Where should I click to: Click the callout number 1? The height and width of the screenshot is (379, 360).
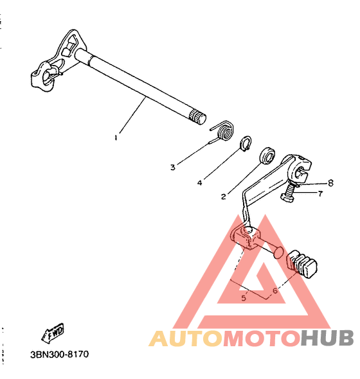116,137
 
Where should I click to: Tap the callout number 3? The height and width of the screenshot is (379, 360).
173,167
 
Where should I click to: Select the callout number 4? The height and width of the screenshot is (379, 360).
199,182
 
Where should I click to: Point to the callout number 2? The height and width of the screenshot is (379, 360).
223,197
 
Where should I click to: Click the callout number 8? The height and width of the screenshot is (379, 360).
330,183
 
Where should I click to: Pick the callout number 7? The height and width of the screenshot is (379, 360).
320,193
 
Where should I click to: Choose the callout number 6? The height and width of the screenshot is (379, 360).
275,291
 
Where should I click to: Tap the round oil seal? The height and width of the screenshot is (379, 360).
267,156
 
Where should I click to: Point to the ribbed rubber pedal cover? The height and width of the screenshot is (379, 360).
301,264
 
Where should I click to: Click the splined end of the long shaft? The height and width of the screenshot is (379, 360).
197,117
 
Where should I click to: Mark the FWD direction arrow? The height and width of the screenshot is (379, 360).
53,333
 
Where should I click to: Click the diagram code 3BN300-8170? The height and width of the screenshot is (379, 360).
60,355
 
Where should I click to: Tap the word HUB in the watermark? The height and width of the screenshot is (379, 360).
327,338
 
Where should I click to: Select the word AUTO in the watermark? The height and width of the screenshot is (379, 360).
186,338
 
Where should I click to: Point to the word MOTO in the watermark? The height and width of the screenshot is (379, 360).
262,338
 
